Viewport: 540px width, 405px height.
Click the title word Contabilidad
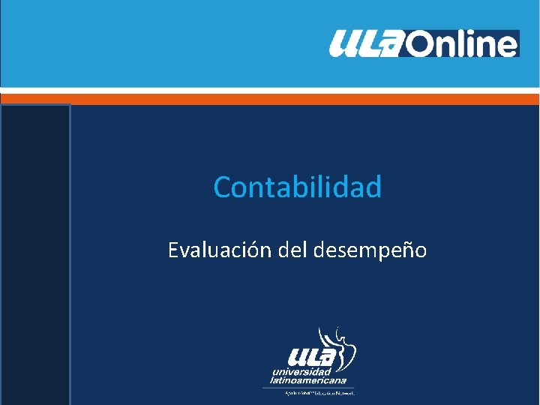(x=297, y=187)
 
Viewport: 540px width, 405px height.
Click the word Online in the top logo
(x=463, y=43)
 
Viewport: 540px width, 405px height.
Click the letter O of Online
(x=421, y=44)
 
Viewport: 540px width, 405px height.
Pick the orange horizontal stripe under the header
(x=270, y=98)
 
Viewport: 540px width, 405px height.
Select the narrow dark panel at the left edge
(x=35, y=255)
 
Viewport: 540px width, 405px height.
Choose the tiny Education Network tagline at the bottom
(x=318, y=392)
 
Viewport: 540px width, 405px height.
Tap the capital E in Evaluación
(x=173, y=250)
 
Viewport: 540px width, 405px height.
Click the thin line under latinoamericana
(x=307, y=387)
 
